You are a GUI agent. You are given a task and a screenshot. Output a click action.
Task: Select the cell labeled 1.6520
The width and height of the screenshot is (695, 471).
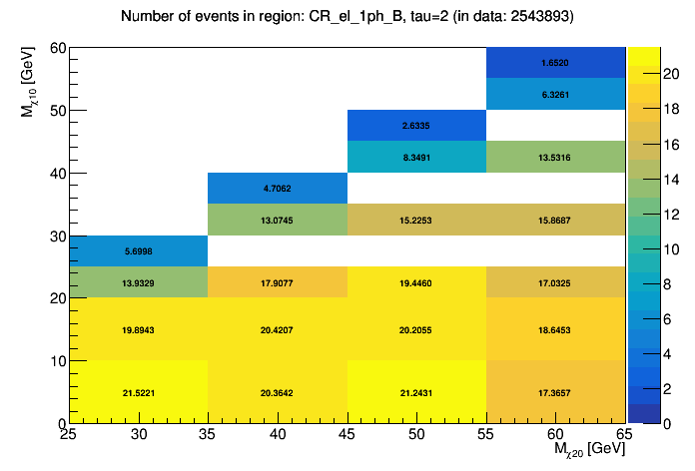(556, 62)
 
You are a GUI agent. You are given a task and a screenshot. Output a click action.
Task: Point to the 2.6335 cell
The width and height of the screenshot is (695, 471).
(416, 126)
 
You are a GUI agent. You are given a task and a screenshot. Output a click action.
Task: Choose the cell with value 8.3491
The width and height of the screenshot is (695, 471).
(416, 157)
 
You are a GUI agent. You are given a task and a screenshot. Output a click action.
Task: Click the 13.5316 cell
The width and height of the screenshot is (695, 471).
(556, 157)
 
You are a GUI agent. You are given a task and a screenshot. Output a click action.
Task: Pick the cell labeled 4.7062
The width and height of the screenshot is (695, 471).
(278, 188)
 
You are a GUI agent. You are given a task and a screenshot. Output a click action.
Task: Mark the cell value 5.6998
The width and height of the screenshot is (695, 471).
(139, 251)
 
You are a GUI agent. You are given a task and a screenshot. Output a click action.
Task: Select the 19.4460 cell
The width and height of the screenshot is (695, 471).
(416, 282)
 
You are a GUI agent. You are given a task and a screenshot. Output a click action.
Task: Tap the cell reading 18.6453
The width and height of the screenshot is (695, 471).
(556, 330)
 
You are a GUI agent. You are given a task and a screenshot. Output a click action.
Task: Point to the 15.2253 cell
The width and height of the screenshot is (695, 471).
(416, 220)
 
